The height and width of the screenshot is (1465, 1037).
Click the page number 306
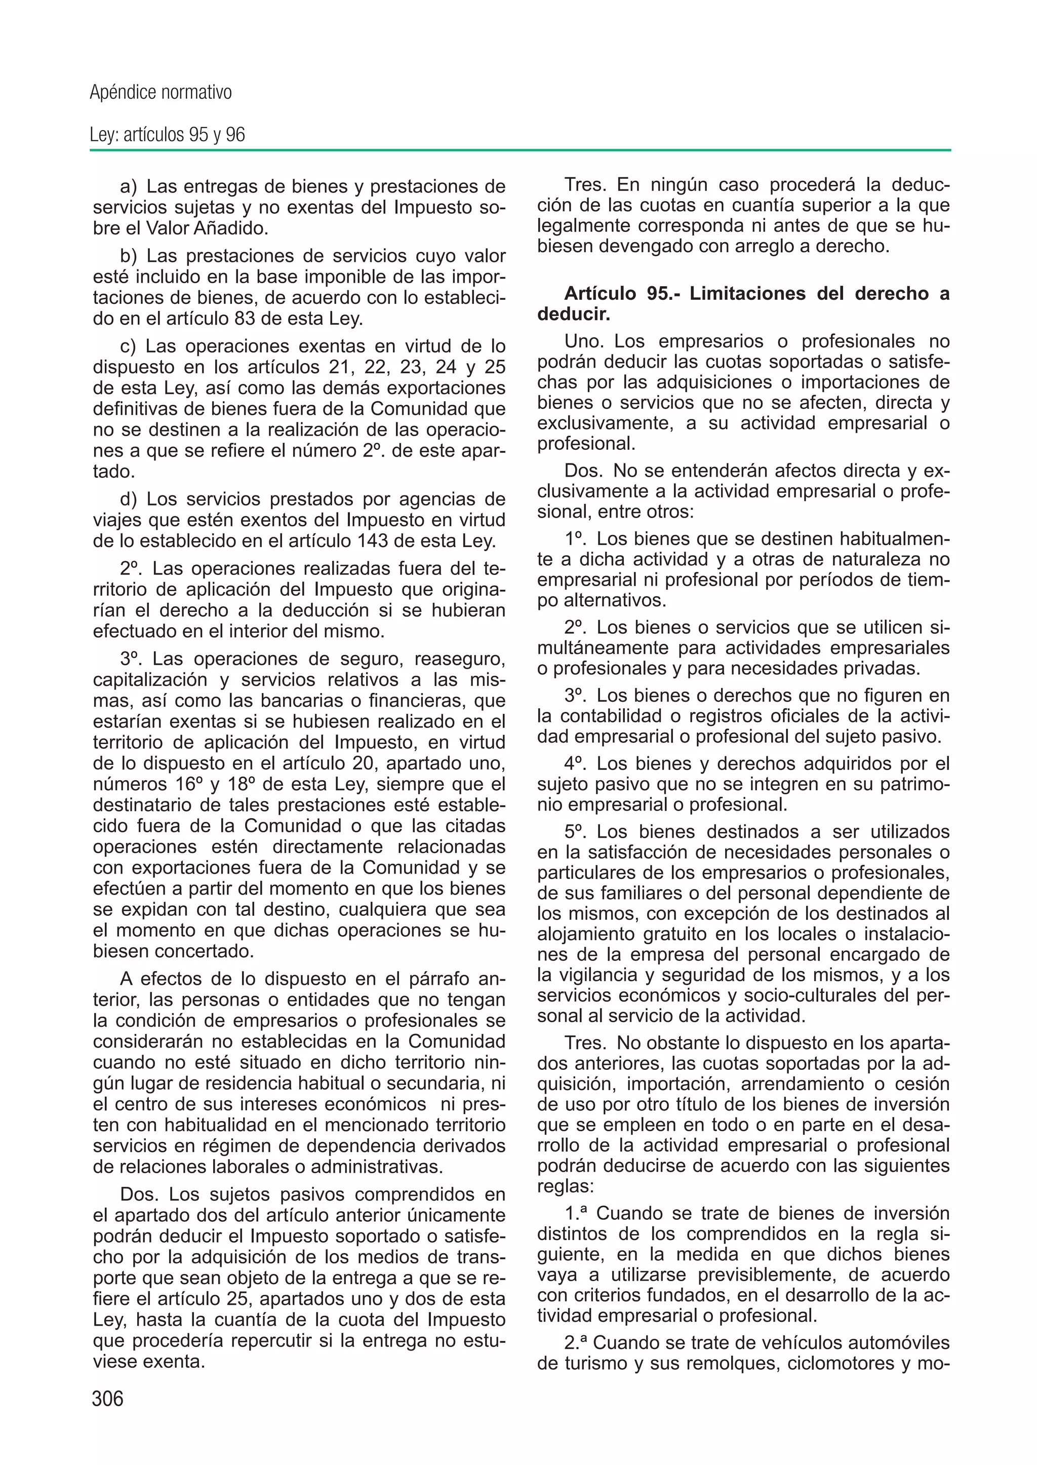click(107, 1399)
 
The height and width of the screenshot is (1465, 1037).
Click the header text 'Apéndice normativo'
click(161, 93)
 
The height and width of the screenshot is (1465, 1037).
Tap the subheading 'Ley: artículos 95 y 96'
click(167, 135)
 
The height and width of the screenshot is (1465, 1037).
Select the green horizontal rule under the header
click(520, 151)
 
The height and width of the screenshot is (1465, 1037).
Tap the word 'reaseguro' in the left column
click(460, 659)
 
